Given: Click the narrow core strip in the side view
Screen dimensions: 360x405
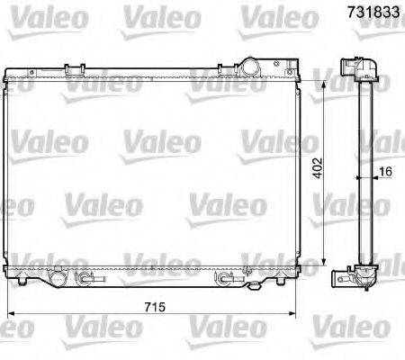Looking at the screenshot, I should [x=364, y=171].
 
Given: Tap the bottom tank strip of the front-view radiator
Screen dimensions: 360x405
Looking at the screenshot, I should [x=153, y=269].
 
